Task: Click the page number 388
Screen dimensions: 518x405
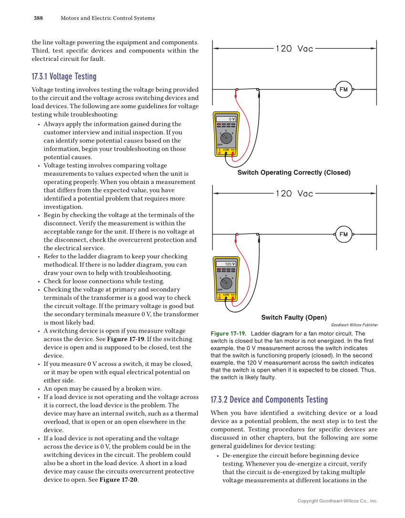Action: [38, 18]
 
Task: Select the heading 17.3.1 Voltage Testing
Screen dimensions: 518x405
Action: [64, 77]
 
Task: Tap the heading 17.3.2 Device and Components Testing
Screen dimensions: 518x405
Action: [269, 400]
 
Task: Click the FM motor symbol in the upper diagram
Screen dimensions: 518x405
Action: [343, 89]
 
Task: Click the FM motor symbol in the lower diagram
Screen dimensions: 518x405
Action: [343, 234]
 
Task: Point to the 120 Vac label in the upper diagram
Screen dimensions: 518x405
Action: [294, 49]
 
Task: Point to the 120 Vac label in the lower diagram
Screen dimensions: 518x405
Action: [294, 193]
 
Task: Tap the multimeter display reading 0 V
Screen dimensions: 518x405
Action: [226, 119]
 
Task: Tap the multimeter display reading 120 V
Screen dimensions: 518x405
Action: [226, 264]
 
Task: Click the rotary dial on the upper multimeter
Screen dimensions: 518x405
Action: [226, 138]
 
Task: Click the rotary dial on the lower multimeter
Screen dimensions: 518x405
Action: [226, 283]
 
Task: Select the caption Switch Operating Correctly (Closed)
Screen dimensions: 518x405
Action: [294, 173]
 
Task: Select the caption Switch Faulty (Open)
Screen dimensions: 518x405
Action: [294, 317]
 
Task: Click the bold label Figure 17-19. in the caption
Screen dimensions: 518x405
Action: [228, 334]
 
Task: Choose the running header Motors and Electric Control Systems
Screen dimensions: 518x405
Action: [107, 18]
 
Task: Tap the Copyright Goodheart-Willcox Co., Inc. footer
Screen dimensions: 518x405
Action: [337, 501]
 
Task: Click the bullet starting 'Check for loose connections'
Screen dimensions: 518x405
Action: [104, 281]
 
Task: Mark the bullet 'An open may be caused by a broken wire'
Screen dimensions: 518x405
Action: [103, 388]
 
